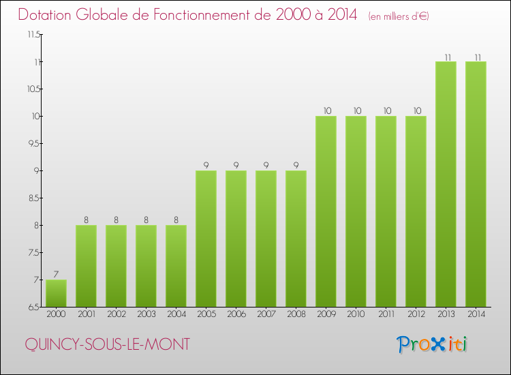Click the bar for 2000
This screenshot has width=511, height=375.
(x=56, y=293)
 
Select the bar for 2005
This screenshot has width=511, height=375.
(x=206, y=239)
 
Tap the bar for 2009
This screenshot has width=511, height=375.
(x=326, y=211)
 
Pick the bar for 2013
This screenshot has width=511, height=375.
(x=446, y=184)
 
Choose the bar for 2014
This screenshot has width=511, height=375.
(x=476, y=184)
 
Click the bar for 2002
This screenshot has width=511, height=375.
(x=116, y=266)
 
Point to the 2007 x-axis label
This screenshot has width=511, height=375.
(x=266, y=314)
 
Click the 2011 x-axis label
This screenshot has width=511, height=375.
(x=386, y=314)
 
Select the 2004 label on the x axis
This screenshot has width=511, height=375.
(x=176, y=314)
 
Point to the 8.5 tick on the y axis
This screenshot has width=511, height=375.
(x=32, y=198)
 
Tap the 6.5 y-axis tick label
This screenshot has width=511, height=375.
(x=32, y=307)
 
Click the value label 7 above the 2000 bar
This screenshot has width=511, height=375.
(x=56, y=274)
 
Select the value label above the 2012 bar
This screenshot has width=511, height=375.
(x=416, y=110)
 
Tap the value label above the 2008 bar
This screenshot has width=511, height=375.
(x=296, y=165)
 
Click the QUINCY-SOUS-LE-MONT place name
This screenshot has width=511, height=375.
(x=107, y=344)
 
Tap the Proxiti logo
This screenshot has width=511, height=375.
(x=432, y=344)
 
